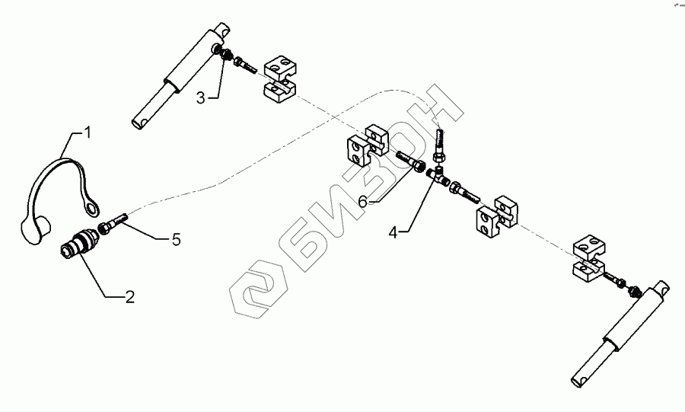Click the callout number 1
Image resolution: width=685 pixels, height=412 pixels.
tap(88, 133)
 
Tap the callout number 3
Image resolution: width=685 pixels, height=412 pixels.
tap(201, 97)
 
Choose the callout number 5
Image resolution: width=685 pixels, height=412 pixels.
tap(175, 239)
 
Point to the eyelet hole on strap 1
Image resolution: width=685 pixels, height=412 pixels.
tap(93, 206)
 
